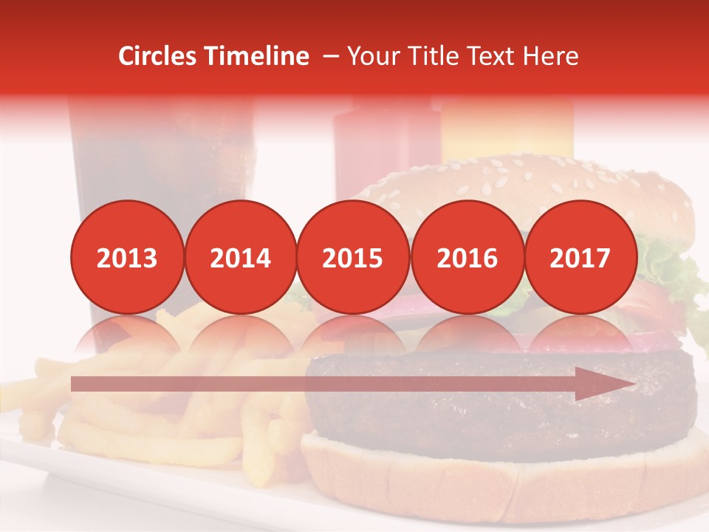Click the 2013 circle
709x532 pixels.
127,257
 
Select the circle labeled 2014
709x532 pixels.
240,257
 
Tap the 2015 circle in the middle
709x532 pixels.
353,257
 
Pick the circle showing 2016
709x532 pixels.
467,257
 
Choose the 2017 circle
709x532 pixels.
580,257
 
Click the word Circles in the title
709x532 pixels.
158,56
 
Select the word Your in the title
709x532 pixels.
371,56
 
